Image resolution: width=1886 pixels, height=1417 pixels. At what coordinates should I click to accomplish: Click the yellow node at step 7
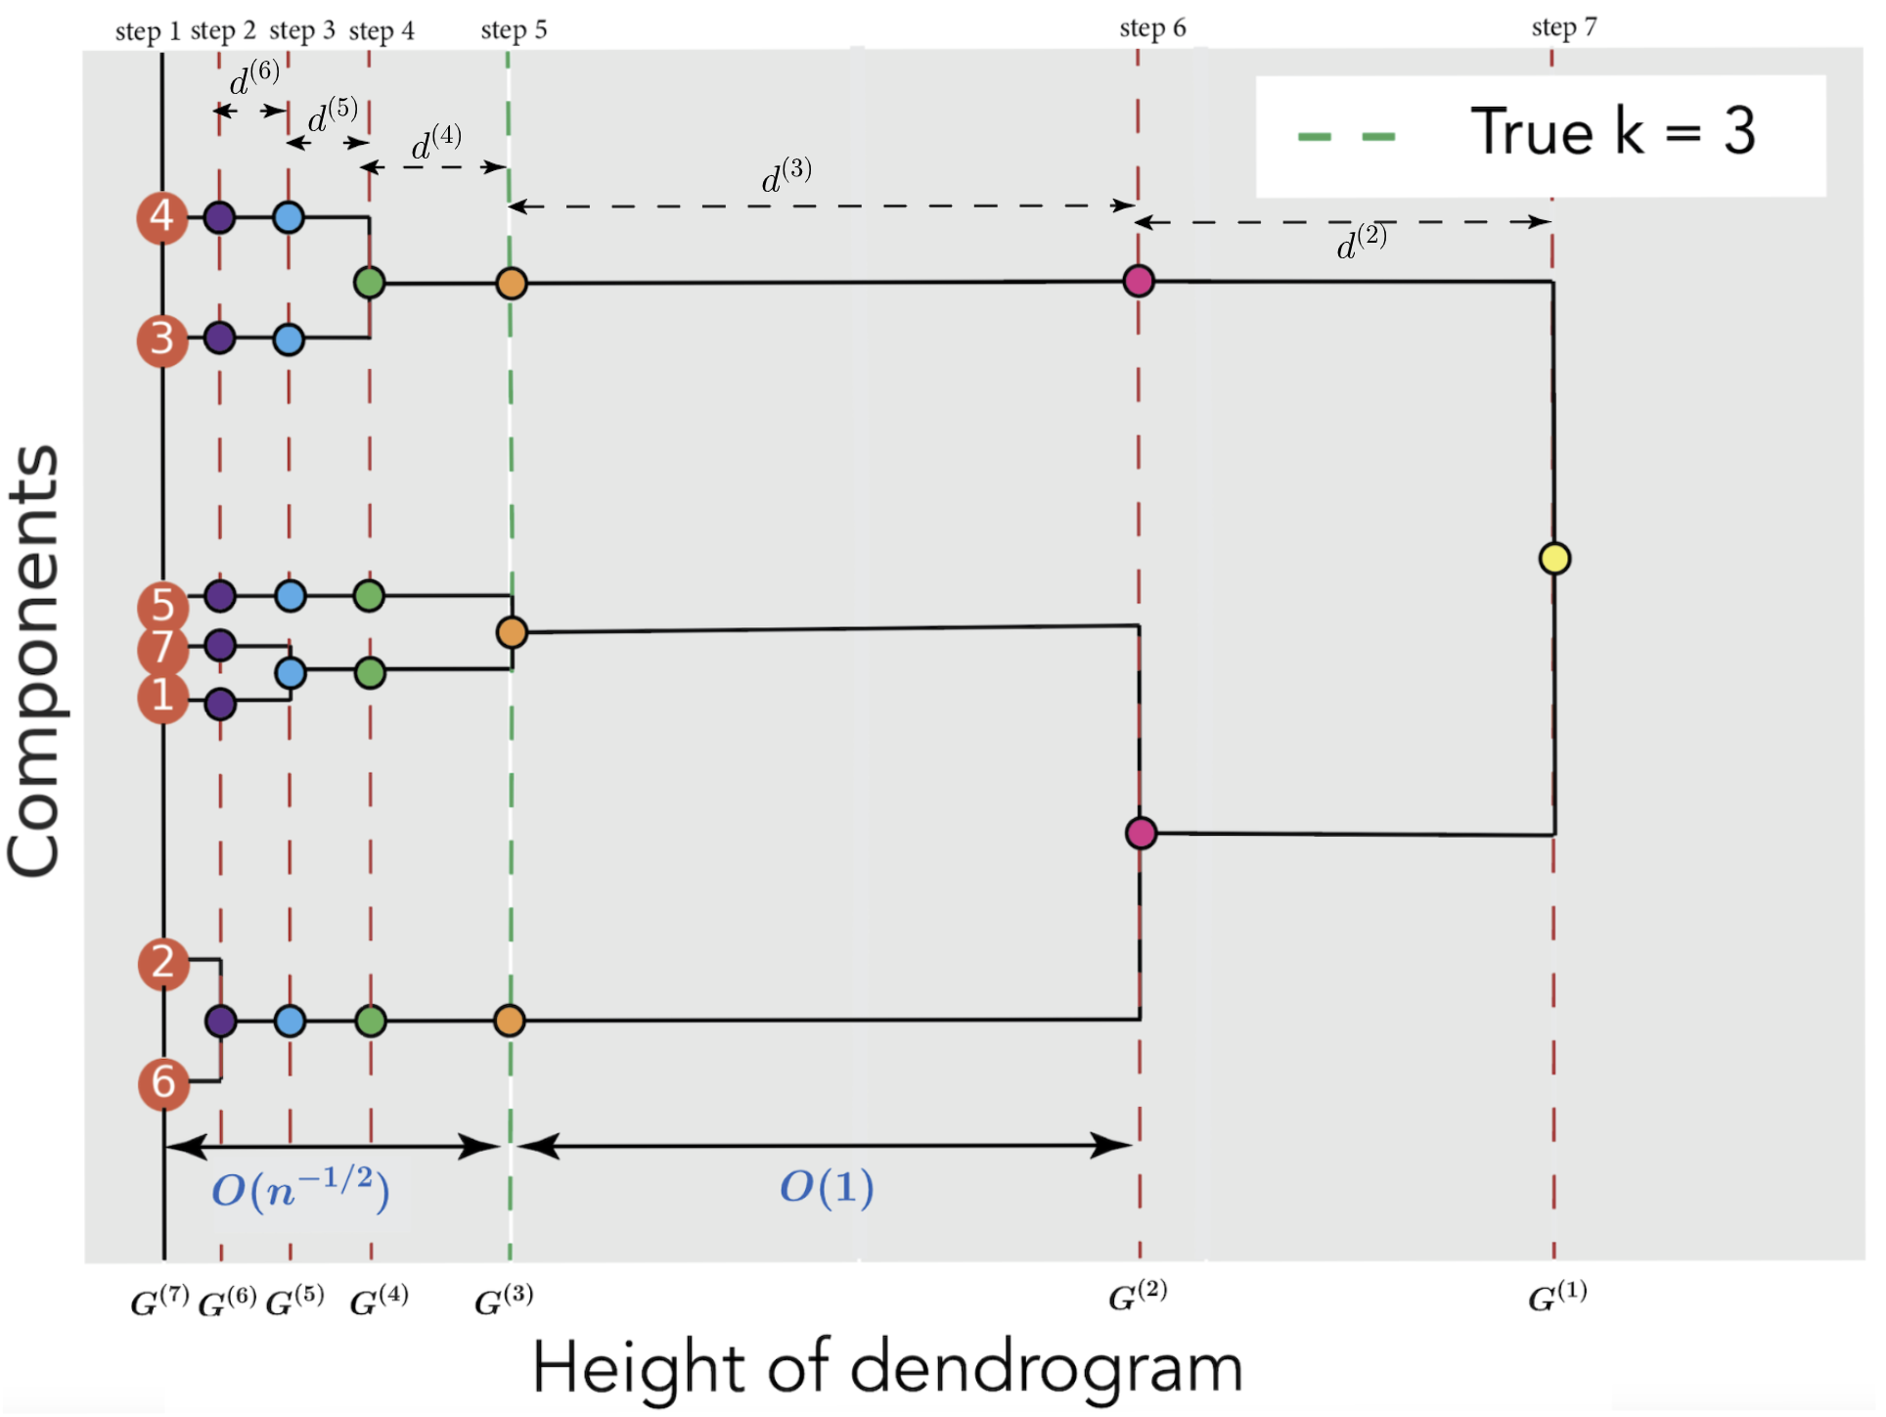[1554, 559]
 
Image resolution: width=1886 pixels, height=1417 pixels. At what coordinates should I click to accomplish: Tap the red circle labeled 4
[161, 216]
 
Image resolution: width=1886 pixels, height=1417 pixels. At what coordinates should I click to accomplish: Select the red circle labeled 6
[163, 1083]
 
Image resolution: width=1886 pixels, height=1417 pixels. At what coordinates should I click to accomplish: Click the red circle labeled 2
[163, 963]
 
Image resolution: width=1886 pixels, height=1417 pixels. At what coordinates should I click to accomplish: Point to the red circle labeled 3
[162, 340]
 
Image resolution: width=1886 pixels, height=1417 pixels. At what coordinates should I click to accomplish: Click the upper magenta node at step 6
[1139, 281]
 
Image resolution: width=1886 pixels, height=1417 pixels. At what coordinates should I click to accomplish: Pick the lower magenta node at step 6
[1141, 833]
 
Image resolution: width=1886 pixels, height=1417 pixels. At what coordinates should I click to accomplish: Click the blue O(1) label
[827, 1188]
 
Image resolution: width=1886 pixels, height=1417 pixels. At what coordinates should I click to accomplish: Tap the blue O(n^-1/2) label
[300, 1189]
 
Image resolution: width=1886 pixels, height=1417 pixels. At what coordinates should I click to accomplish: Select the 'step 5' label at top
[514, 30]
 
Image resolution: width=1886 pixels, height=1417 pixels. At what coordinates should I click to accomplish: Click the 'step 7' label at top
[1563, 27]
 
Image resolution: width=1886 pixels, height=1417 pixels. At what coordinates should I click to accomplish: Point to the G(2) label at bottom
[1138, 1298]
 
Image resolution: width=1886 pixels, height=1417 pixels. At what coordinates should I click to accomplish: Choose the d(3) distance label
[786, 176]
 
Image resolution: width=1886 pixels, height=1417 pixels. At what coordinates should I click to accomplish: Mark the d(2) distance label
[1362, 242]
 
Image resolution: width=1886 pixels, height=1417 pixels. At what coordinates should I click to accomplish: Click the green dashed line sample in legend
[1346, 136]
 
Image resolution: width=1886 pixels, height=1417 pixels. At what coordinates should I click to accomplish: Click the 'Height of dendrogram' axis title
[887, 1368]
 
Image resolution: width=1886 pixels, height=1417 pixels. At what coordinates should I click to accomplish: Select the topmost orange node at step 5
[512, 283]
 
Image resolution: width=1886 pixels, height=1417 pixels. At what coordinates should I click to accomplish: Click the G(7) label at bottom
[159, 1301]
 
